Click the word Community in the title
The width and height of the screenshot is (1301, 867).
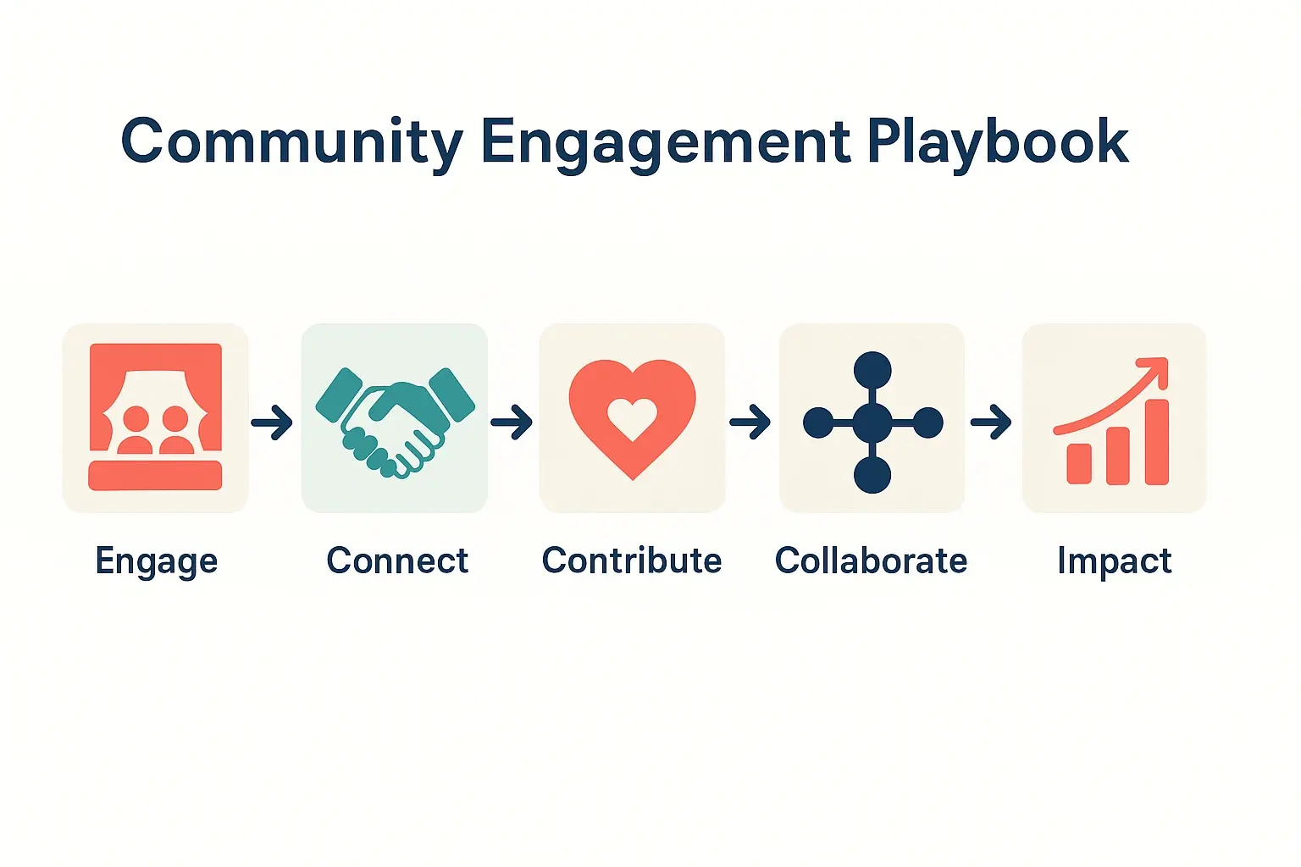tap(291, 142)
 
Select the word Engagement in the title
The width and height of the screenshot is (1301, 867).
tap(665, 142)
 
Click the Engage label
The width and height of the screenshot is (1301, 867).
tap(157, 561)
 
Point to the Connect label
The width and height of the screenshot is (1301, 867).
tap(397, 561)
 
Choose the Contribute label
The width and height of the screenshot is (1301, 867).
tap(632, 561)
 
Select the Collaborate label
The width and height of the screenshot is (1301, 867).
tap(871, 561)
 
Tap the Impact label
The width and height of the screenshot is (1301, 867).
tap(1114, 561)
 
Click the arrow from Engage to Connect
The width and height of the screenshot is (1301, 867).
tap(272, 422)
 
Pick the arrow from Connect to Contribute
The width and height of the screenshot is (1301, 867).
tap(512, 422)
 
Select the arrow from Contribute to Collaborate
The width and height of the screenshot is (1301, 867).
tap(750, 422)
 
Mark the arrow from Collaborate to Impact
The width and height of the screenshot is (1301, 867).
tap(991, 422)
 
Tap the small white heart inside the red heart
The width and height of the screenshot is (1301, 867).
tap(633, 417)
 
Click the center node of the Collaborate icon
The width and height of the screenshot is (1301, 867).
tap(872, 422)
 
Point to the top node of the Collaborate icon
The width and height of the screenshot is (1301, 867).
tap(872, 370)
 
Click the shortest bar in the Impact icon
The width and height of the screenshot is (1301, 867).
tap(1079, 463)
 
